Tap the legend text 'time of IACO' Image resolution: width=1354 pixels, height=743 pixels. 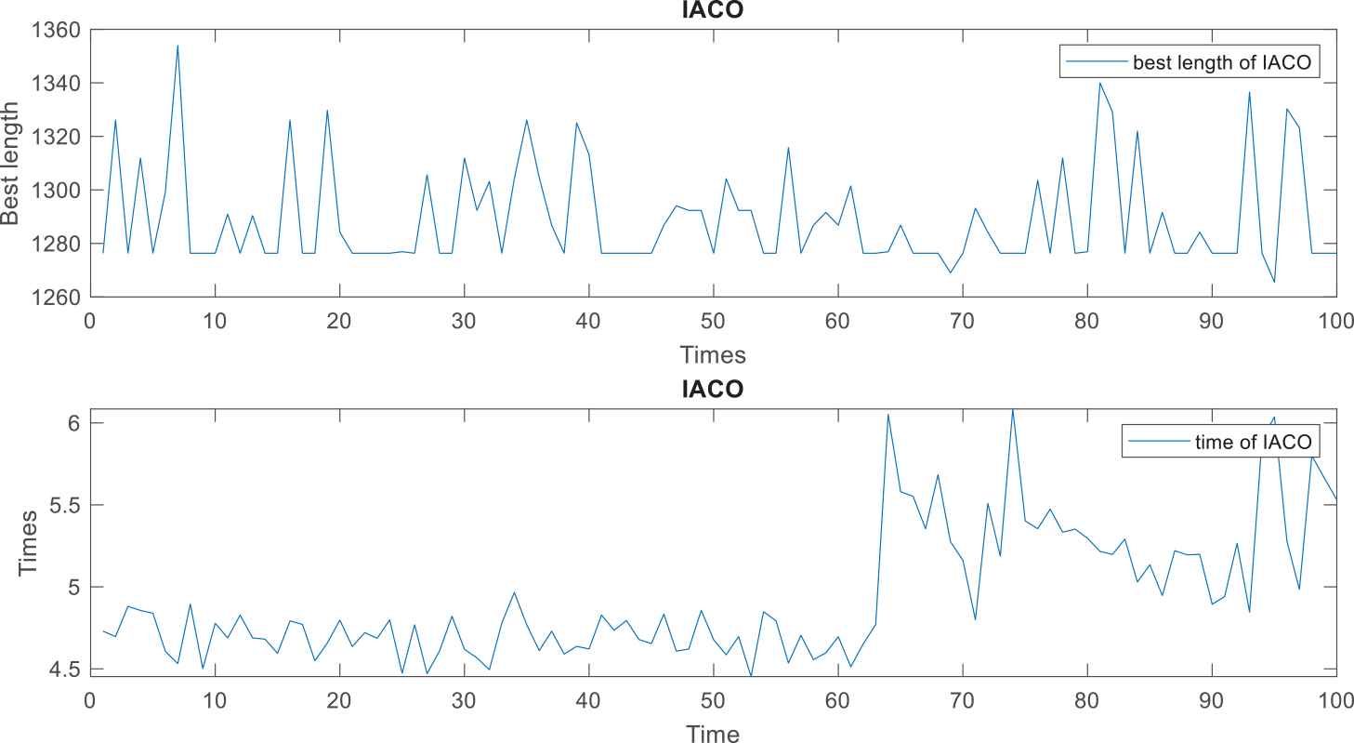[x=1253, y=442]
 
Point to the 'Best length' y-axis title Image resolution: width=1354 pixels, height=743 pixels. [x=11, y=163]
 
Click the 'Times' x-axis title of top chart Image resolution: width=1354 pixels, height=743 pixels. [x=713, y=354]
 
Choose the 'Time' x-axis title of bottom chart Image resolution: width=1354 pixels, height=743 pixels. [x=713, y=735]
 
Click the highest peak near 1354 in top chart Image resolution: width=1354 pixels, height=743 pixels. [x=177, y=46]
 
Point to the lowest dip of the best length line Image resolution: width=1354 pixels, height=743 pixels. [x=1274, y=282]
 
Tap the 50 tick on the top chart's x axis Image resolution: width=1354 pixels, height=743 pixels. [x=713, y=320]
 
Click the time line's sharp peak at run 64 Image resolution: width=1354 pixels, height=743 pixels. [x=887, y=415]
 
